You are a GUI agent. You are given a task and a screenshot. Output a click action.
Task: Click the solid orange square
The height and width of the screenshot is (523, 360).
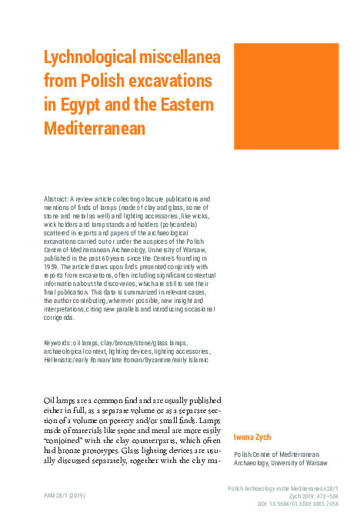pyautogui.click(x=286, y=96)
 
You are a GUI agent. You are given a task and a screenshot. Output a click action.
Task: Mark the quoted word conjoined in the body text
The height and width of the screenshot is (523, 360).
pyautogui.click(x=65, y=442)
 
